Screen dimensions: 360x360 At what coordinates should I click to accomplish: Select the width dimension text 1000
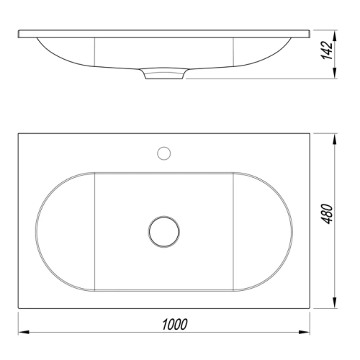[174, 324]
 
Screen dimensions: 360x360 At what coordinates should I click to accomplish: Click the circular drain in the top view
[163, 230]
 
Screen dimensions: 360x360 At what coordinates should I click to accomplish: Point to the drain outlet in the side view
[165, 74]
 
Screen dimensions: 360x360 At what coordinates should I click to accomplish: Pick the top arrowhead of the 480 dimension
[334, 138]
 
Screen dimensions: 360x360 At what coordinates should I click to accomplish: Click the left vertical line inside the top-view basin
[96, 231]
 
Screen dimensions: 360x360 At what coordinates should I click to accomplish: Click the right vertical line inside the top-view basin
[233, 231]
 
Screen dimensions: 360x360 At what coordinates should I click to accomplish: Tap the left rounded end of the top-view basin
[37, 231]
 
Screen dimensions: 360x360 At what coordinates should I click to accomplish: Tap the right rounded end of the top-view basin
[292, 231]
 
